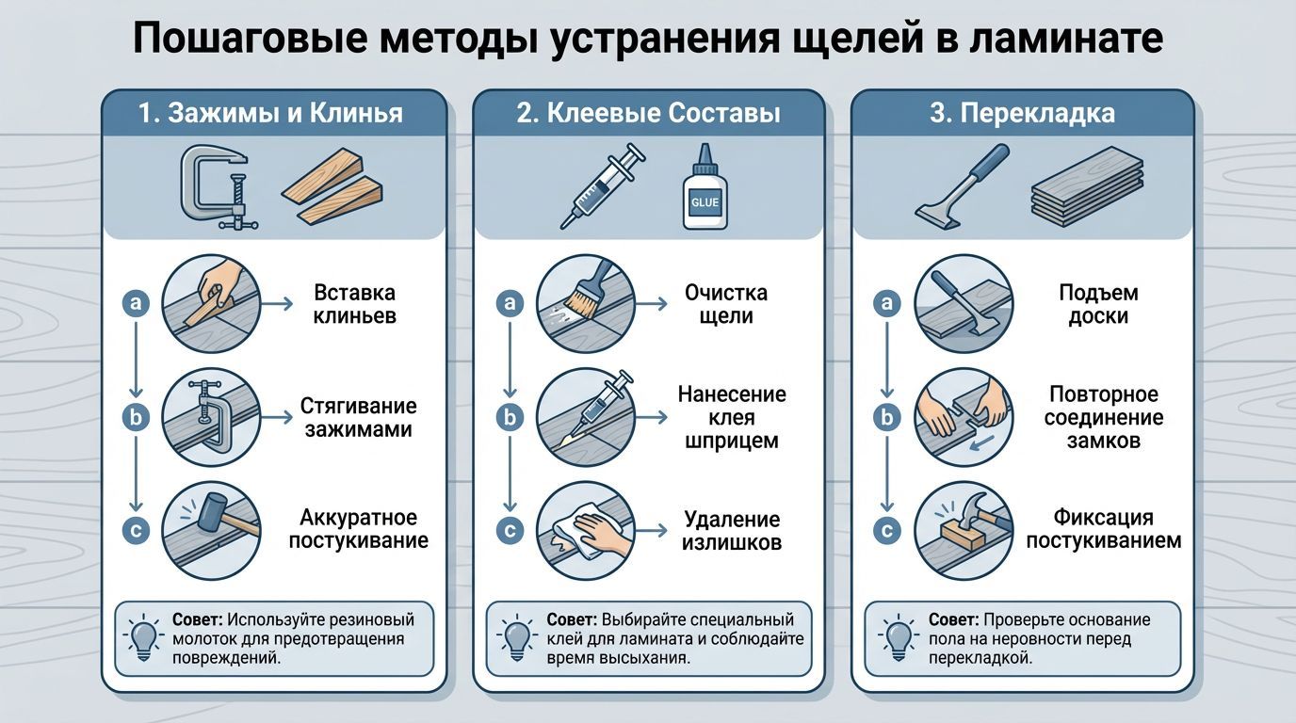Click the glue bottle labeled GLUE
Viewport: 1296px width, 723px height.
pos(704,187)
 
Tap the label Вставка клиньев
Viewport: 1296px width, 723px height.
pos(354,304)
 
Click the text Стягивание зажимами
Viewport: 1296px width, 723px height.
pos(358,417)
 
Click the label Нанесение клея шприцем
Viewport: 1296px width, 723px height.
pos(732,417)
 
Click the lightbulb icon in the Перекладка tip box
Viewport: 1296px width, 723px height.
pos(898,637)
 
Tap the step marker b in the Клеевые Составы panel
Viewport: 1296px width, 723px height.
pos(510,417)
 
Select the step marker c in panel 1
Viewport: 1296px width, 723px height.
pos(136,530)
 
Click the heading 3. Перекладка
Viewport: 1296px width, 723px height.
pos(1022,114)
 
